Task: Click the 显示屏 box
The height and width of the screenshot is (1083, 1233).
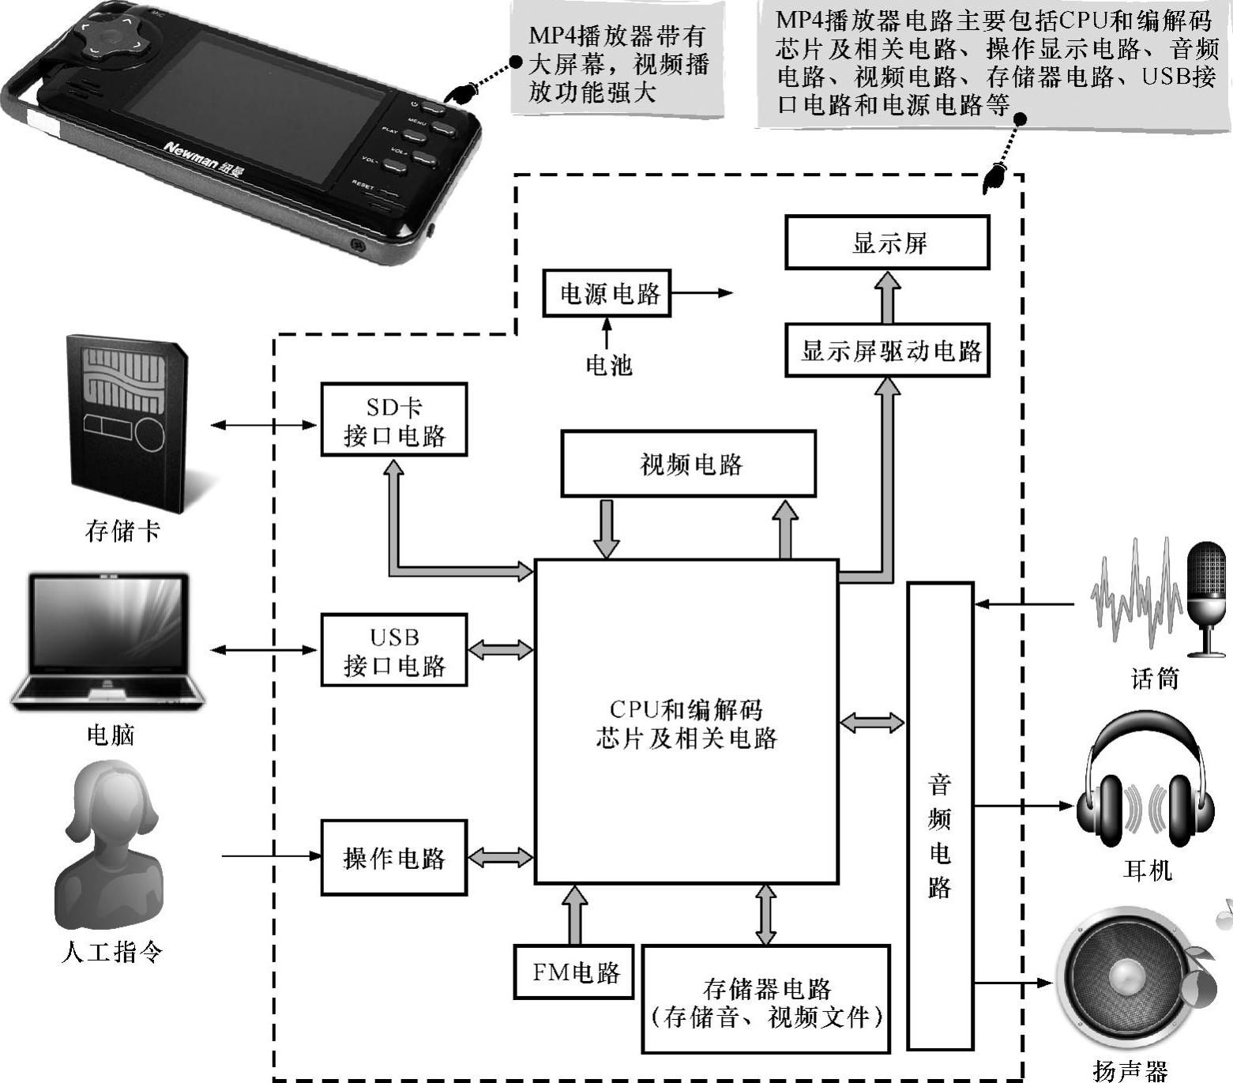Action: (887, 243)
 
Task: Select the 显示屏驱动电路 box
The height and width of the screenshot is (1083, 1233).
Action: (887, 350)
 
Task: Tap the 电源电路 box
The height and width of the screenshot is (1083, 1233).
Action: (607, 293)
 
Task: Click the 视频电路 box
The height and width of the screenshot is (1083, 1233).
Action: (688, 464)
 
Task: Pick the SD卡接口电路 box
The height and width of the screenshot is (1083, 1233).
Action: (393, 419)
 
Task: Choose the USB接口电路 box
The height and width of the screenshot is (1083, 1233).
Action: (393, 650)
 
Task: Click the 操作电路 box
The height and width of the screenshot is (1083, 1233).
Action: (393, 857)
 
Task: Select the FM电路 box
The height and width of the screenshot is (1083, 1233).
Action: (573, 972)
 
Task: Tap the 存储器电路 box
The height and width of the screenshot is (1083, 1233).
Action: (765, 1000)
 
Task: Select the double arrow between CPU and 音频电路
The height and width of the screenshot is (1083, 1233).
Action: (872, 722)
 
